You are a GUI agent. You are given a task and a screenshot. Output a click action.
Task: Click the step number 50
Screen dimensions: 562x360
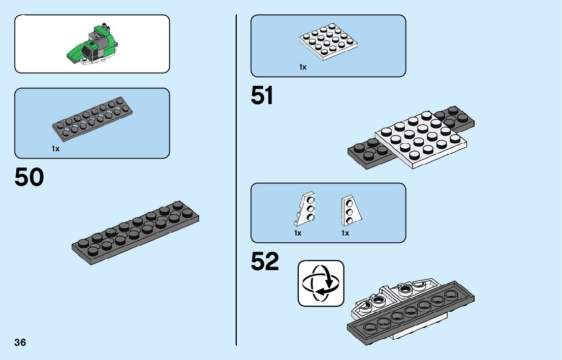coord(29,177)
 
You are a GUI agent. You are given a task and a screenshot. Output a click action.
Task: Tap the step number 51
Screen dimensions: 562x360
coord(262,96)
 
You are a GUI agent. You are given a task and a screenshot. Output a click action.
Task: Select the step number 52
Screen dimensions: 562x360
coord(265,262)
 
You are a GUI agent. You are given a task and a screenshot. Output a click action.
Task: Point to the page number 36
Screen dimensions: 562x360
coord(20,342)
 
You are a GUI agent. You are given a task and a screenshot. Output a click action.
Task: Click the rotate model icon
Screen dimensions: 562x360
coord(321,283)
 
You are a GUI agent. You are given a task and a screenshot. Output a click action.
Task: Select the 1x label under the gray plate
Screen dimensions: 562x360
coord(55,149)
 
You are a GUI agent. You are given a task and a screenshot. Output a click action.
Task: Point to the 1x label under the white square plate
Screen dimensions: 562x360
coord(303,67)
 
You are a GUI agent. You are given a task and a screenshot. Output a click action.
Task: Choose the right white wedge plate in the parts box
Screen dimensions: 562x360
coord(351,209)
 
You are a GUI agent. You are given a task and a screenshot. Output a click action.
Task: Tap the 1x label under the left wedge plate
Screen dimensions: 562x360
coord(298,233)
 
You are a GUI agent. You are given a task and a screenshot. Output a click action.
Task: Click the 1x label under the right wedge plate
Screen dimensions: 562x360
coord(345,233)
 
